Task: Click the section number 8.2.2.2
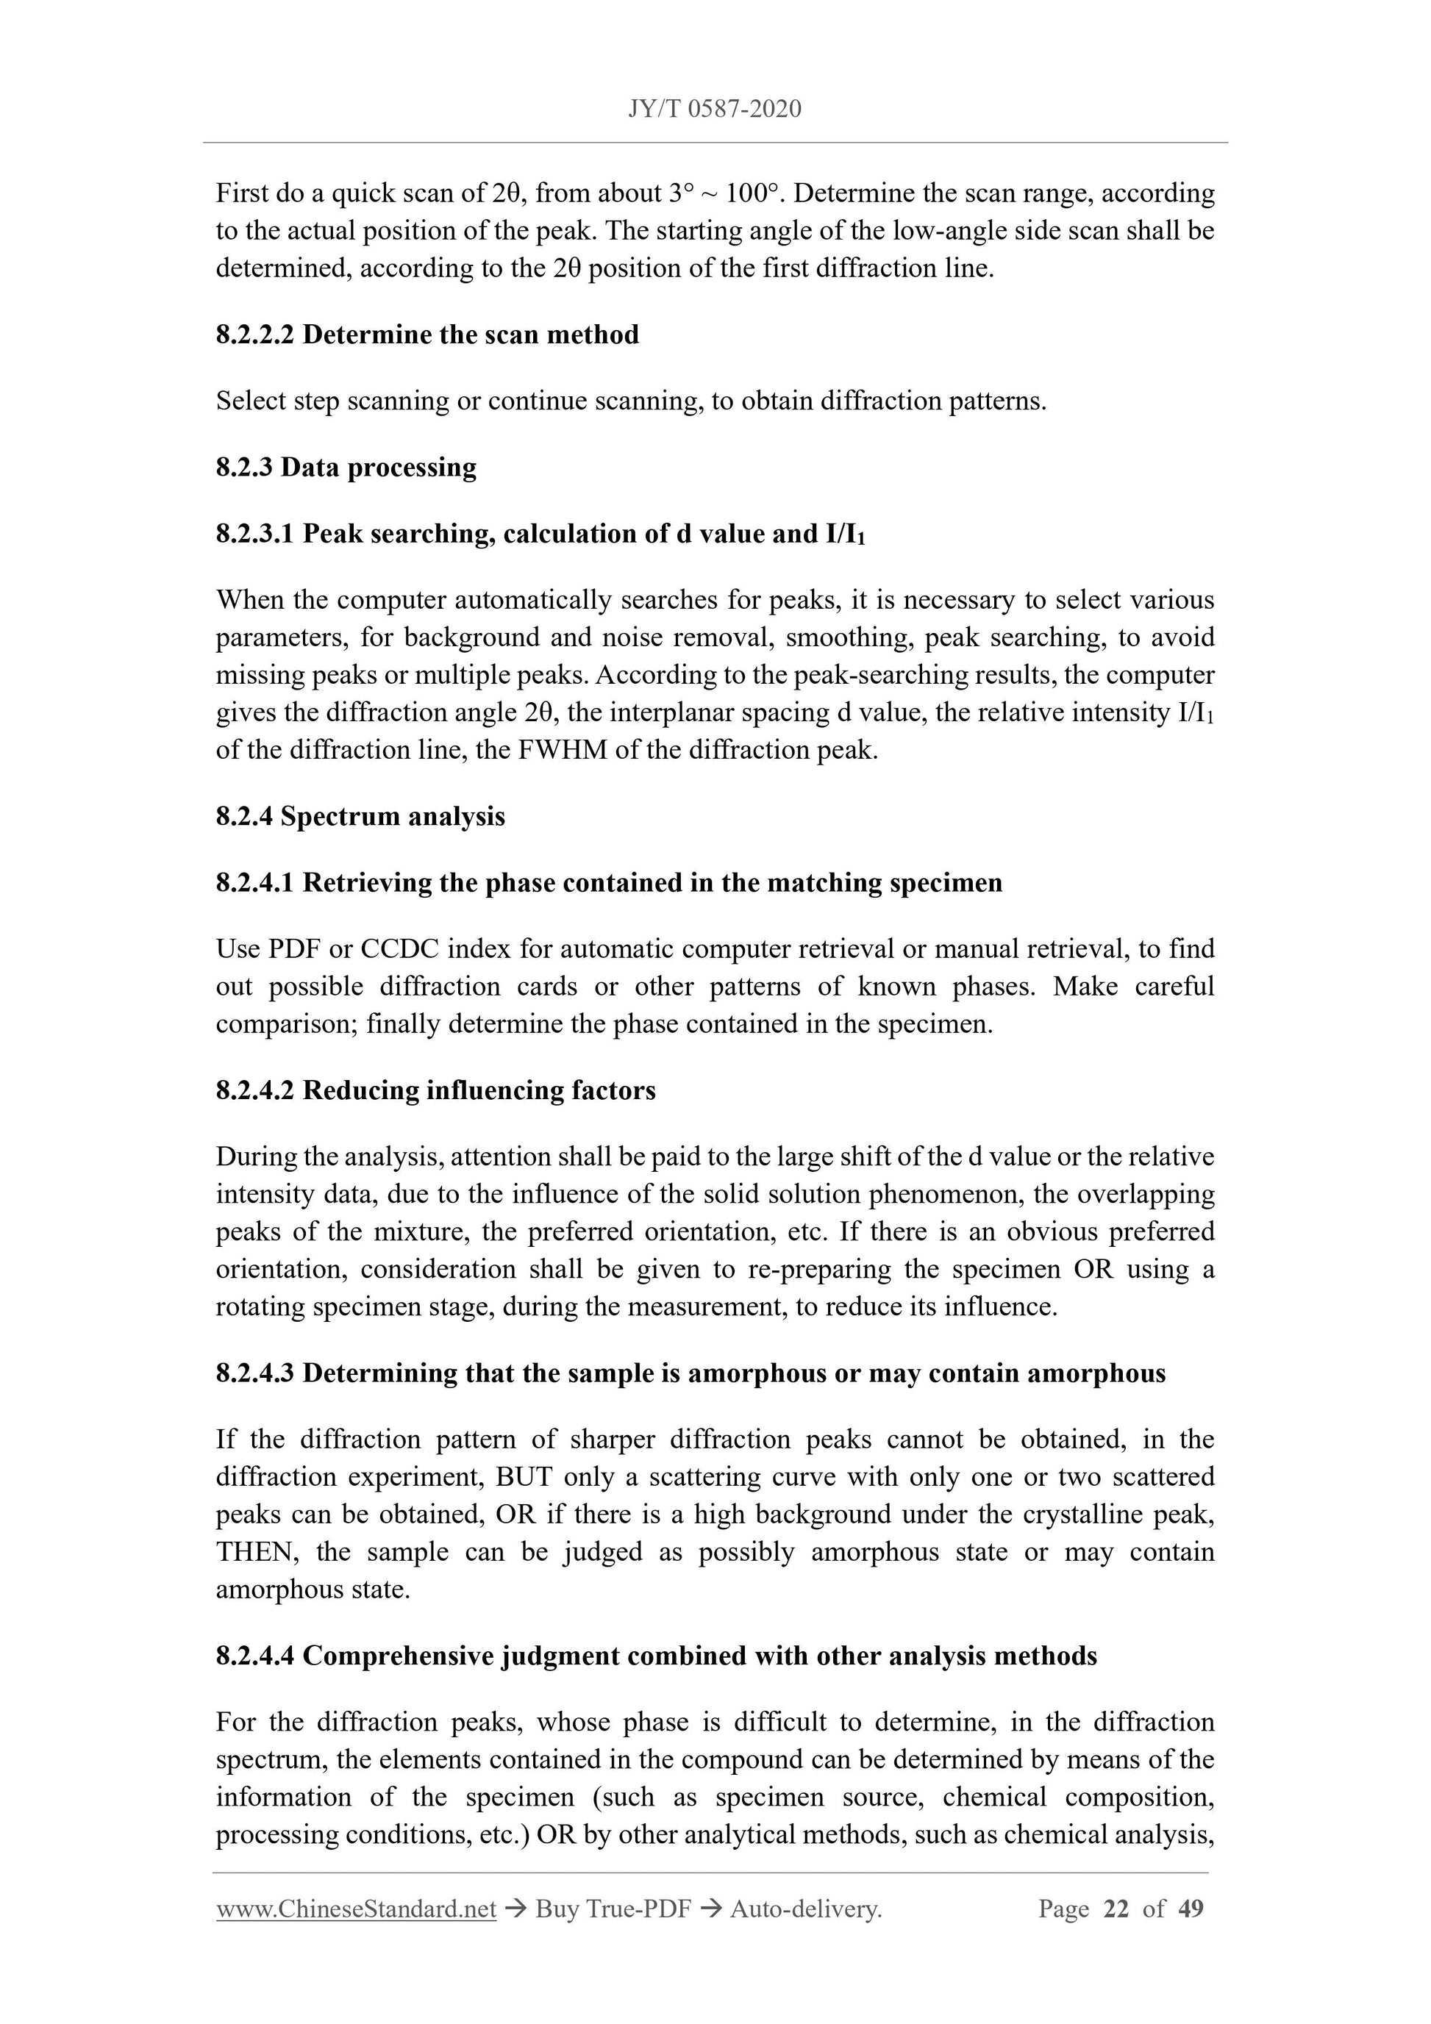pos(254,335)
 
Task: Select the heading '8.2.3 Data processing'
pos(346,467)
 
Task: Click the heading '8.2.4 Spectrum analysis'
pos(360,816)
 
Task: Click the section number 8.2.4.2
pos(254,1090)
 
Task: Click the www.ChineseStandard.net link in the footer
pos(356,1909)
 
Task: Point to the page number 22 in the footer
pos(1116,1909)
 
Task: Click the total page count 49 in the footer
pos(1191,1909)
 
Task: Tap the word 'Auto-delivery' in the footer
pos(805,1909)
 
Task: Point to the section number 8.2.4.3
pos(254,1373)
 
